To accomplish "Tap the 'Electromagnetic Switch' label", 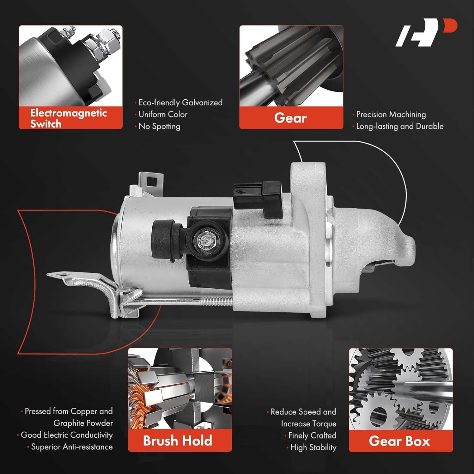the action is [x=69, y=118].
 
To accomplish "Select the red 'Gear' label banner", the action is [x=291, y=118].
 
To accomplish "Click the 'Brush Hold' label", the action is [x=177, y=441].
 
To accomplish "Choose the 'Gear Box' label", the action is [x=399, y=441].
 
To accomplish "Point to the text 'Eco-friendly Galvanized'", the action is [x=180, y=102].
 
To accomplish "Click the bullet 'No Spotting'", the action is [x=159, y=126].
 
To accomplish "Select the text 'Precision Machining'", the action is [x=391, y=114].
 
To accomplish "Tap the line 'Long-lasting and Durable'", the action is [x=400, y=126].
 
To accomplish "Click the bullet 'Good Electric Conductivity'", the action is [x=66, y=435].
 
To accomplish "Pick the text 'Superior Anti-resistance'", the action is [x=72, y=447].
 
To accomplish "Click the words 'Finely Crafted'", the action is [x=312, y=435].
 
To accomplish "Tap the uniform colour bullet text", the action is [x=163, y=114].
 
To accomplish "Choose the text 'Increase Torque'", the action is [x=308, y=424].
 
